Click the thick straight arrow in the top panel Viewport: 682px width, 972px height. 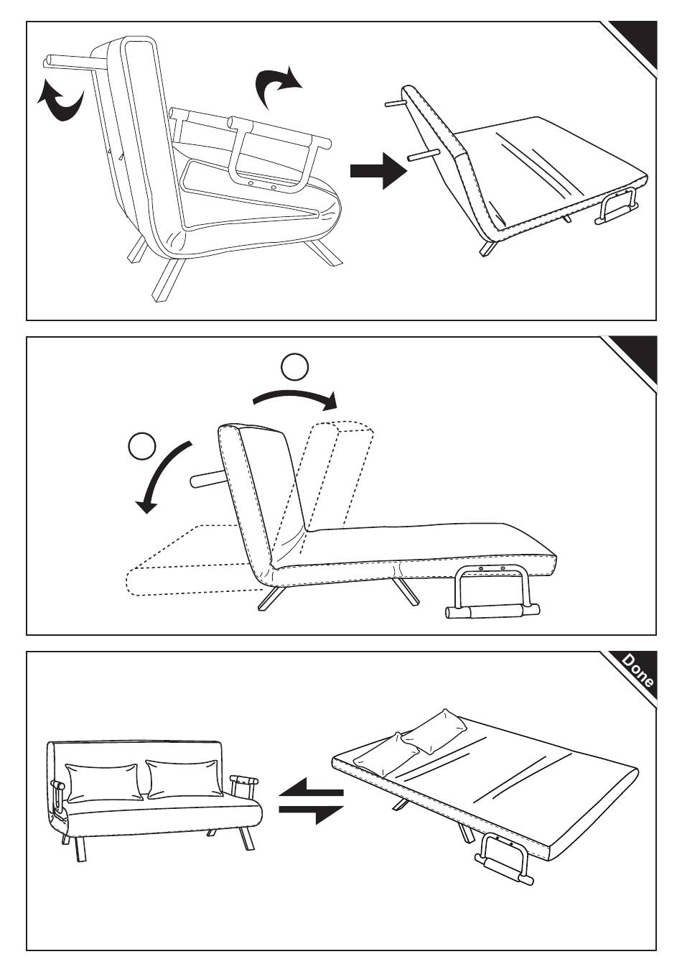point(378,170)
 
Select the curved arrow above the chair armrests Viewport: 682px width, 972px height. point(279,86)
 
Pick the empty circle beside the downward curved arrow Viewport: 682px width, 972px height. point(142,447)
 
